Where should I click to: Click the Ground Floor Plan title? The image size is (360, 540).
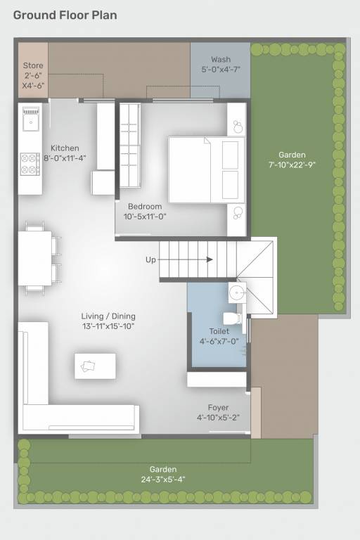[x=65, y=15]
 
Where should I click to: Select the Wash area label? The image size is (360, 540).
[x=220, y=60]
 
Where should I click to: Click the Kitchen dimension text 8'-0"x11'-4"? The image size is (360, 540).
[x=65, y=158]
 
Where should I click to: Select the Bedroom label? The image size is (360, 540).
[x=145, y=206]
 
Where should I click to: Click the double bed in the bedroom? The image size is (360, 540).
[x=205, y=169]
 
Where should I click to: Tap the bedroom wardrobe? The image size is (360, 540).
[x=129, y=145]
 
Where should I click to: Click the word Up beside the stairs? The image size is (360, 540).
[x=150, y=260]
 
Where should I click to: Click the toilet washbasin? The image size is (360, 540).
[x=236, y=292]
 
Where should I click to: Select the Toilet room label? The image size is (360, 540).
[x=219, y=331]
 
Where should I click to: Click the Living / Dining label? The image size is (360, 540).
[x=108, y=316]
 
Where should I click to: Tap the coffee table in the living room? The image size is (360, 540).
[x=95, y=366]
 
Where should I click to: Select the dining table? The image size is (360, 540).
[x=35, y=258]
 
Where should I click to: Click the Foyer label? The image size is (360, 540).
[x=218, y=408]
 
